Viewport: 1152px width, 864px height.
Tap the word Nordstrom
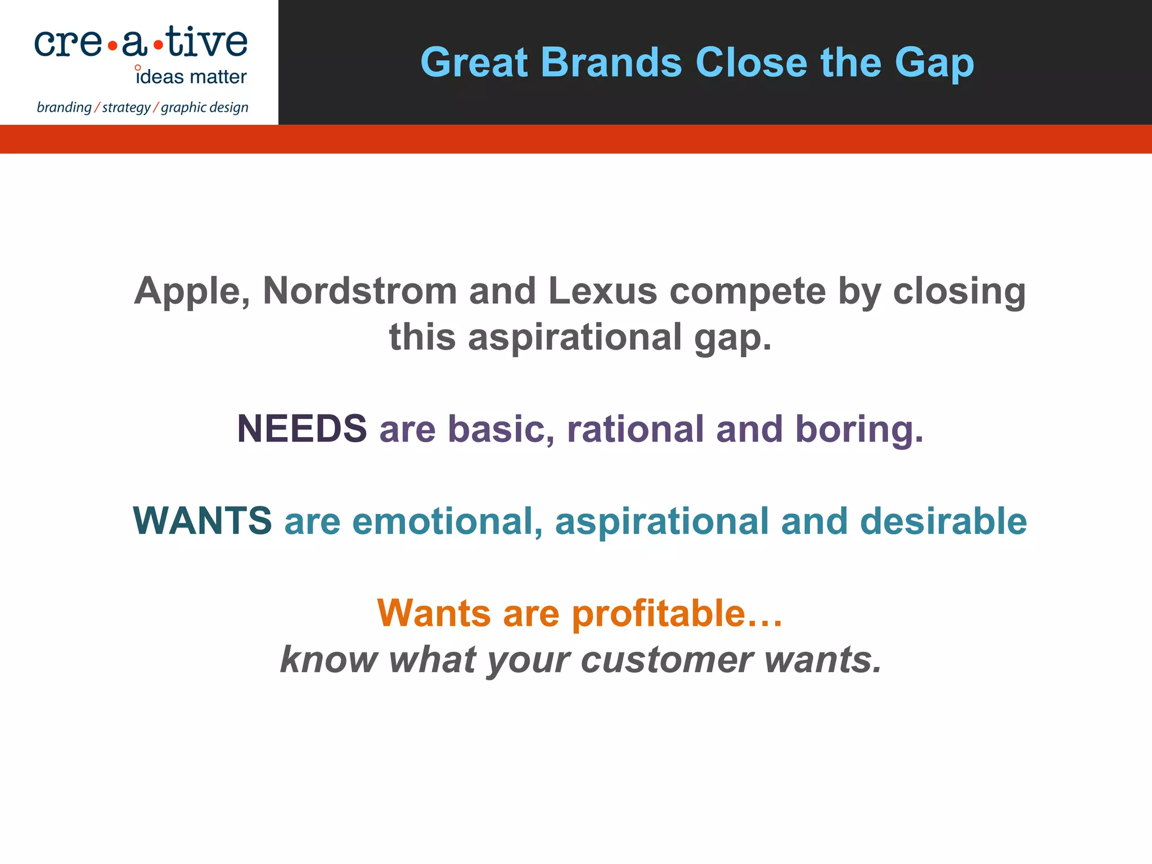(x=360, y=291)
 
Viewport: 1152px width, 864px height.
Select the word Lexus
(x=602, y=291)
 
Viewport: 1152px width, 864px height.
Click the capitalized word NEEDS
(x=302, y=429)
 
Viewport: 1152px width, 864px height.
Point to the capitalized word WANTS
(x=202, y=521)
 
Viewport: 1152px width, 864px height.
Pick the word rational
(x=635, y=429)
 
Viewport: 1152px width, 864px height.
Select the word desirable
(x=943, y=521)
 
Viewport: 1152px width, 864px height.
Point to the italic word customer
(x=667, y=660)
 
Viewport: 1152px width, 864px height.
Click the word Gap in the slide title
(x=934, y=63)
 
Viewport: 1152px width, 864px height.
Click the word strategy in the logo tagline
(x=126, y=107)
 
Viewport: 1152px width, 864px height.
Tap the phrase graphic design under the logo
(x=204, y=107)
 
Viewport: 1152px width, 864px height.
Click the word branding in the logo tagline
(x=64, y=107)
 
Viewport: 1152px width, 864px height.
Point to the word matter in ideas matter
(x=218, y=77)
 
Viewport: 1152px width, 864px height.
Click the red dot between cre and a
(x=113, y=47)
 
